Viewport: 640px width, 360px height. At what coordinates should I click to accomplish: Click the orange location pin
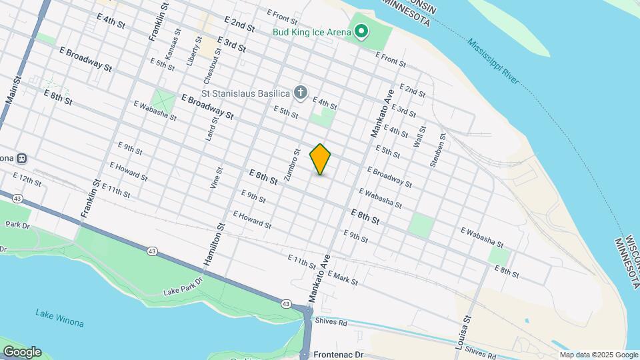click(321, 159)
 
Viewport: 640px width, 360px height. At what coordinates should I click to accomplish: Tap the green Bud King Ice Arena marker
click(361, 31)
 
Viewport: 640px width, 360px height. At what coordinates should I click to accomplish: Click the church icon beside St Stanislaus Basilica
click(301, 93)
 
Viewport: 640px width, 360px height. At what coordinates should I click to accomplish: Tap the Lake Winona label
click(60, 318)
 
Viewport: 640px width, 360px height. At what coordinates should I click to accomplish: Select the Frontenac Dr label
click(339, 355)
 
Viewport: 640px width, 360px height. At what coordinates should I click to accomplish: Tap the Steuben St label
click(436, 152)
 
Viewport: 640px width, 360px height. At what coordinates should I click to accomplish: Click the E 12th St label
click(27, 178)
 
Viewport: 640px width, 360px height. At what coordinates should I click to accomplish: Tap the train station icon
click(21, 159)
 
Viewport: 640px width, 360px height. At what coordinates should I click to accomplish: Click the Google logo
click(21, 352)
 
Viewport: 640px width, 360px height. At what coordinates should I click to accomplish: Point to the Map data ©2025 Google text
click(599, 355)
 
